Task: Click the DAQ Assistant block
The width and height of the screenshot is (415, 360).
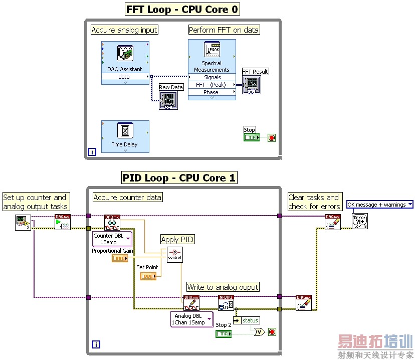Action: pos(125,58)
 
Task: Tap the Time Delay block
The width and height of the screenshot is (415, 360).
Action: pos(125,136)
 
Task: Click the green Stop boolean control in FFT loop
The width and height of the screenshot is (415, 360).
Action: pos(251,137)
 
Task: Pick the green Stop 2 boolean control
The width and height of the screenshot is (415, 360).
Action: pos(223,333)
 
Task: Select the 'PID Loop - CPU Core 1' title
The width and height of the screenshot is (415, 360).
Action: pos(179,178)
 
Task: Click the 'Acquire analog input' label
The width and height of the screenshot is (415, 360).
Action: pos(124,30)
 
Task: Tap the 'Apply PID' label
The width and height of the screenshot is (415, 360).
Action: pos(177,240)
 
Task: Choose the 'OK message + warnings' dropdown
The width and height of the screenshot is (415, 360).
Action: pos(380,205)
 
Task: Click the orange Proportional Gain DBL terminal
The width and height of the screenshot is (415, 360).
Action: pos(119,258)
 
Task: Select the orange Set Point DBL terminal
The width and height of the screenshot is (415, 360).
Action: pos(148,276)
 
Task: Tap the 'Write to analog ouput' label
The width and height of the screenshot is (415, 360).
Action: pos(223,287)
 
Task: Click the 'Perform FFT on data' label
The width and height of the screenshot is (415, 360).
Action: pos(224,30)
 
